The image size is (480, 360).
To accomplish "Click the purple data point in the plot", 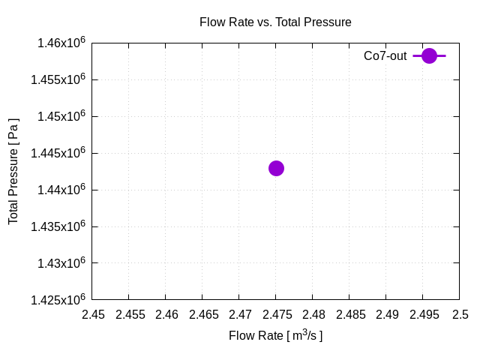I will (x=276, y=168).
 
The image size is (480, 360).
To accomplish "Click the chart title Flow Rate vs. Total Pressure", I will (x=275, y=22).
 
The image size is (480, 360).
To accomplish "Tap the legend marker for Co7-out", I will (x=429, y=55).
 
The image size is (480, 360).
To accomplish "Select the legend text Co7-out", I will (x=385, y=55).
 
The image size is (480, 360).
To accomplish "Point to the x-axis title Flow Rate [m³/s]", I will (x=275, y=335).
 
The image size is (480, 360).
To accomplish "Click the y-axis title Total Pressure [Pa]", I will (x=13, y=171).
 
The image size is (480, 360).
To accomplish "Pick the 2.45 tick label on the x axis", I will (x=93, y=315).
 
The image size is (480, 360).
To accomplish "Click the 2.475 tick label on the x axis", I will (x=276, y=315).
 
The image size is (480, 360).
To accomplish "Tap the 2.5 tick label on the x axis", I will (x=460, y=315).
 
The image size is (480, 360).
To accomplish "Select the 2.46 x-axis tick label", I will (x=166, y=315).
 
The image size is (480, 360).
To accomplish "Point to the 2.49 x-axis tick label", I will (x=386, y=315).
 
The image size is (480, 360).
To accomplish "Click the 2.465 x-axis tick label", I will (x=202, y=315).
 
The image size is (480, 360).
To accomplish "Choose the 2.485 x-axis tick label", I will (x=349, y=315).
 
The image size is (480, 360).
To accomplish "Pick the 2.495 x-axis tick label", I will (x=423, y=315).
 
